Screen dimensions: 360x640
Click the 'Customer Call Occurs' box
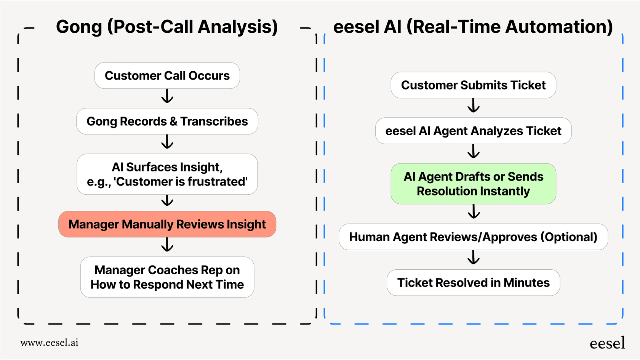coord(167,76)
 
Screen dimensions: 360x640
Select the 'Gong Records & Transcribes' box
coord(167,122)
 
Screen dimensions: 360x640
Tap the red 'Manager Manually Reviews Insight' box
coord(167,224)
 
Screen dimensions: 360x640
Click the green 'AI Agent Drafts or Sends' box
coord(473,184)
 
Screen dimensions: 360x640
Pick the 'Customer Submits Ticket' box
coord(473,85)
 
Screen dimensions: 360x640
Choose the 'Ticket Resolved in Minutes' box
coord(473,283)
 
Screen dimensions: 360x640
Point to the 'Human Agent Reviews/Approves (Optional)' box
coord(473,237)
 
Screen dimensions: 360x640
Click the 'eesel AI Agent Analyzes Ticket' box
coord(473,131)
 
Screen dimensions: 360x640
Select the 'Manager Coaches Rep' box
coord(167,277)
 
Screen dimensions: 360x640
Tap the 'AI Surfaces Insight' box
coord(167,174)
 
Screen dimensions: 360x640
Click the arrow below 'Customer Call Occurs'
coord(167,97)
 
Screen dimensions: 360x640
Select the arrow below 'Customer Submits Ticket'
coord(474,106)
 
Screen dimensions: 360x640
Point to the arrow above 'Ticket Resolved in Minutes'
coord(474,258)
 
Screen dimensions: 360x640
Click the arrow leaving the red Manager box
coord(167,245)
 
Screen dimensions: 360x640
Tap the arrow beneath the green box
coord(474,212)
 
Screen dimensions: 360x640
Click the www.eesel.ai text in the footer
coord(50,342)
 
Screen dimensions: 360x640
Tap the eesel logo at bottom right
coord(607,343)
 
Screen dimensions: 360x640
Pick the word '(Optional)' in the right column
coord(569,237)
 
